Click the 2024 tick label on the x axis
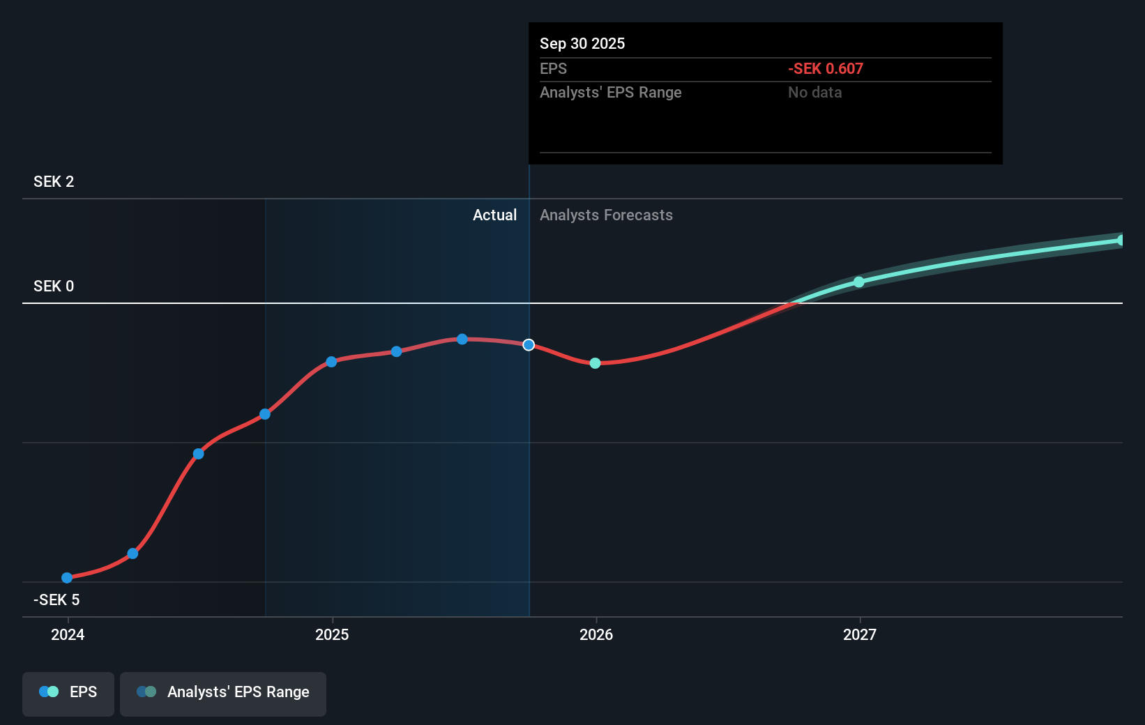(x=68, y=634)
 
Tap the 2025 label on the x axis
(x=332, y=634)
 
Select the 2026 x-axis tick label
(x=596, y=634)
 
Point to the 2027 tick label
(x=860, y=634)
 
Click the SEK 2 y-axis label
(x=54, y=182)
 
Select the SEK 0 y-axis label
(x=54, y=287)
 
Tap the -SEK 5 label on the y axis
(x=56, y=600)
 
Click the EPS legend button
(x=68, y=692)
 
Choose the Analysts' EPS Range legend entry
(x=223, y=692)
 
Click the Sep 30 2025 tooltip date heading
(x=582, y=44)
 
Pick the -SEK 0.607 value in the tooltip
(x=826, y=69)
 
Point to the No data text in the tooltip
(x=814, y=93)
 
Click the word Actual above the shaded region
(x=494, y=215)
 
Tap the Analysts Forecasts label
(x=606, y=215)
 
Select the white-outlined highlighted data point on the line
(x=529, y=345)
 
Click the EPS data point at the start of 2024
(x=67, y=578)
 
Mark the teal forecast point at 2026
(x=595, y=363)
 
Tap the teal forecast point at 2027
(x=859, y=282)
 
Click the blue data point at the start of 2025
(x=331, y=362)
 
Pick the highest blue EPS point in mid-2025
(x=462, y=339)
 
